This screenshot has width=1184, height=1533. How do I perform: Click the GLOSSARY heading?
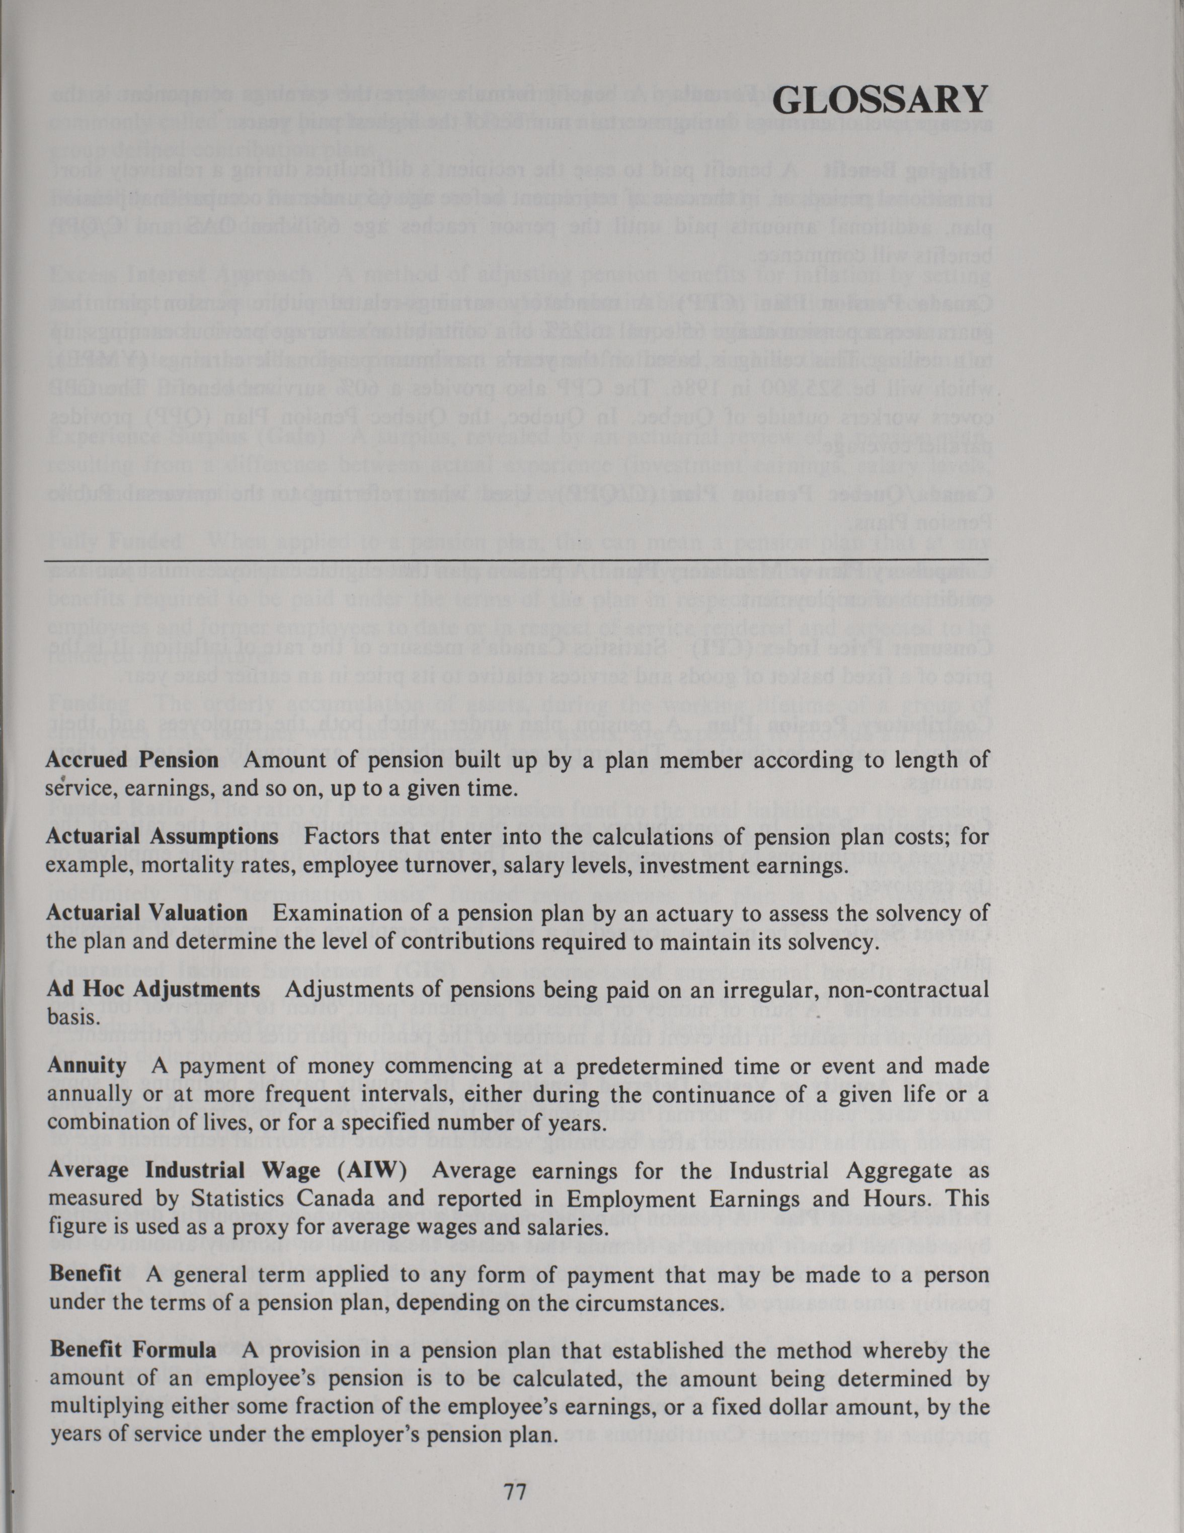point(880,101)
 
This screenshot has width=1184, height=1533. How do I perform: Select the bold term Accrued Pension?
point(133,760)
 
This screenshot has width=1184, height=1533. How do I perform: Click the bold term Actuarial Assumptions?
point(162,837)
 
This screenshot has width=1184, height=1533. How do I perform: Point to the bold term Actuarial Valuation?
point(147,913)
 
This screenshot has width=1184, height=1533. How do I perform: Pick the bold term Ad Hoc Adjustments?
point(153,990)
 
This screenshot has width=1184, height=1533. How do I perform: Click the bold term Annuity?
point(87,1066)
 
